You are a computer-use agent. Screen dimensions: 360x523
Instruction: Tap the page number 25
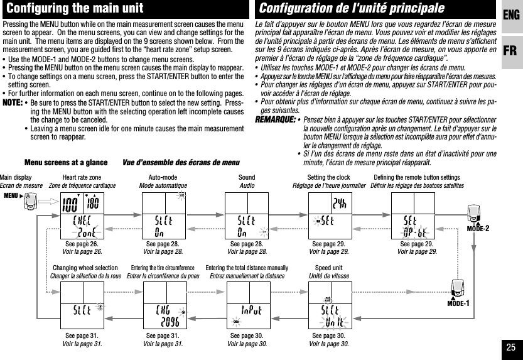[x=511, y=347]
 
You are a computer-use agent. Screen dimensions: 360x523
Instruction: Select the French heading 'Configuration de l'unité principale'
[x=352, y=9]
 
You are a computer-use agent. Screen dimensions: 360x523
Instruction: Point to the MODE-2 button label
[x=478, y=228]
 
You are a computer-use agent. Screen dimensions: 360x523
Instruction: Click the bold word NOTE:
[x=13, y=103]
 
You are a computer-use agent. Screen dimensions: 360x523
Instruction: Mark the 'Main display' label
[x=16, y=178]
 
